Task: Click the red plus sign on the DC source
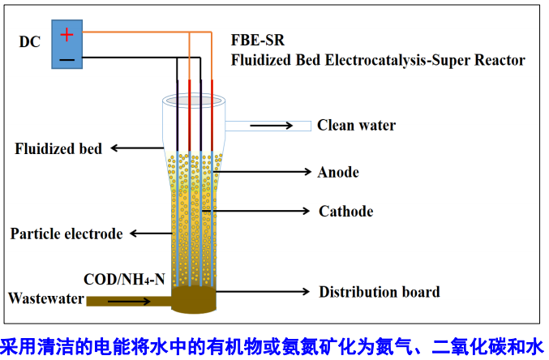coord(67,34)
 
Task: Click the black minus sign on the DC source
coord(67,58)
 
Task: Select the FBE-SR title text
coord(258,41)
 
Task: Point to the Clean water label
coord(356,125)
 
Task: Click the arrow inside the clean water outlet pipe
coord(271,126)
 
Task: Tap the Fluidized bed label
coord(58,148)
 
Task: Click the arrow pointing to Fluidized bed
coord(138,148)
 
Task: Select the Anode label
coord(338,172)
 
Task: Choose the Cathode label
coord(345,212)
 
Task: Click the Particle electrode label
coord(66,234)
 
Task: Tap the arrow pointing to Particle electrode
coord(150,234)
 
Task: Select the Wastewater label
coord(46,298)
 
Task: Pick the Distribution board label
coord(379,292)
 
